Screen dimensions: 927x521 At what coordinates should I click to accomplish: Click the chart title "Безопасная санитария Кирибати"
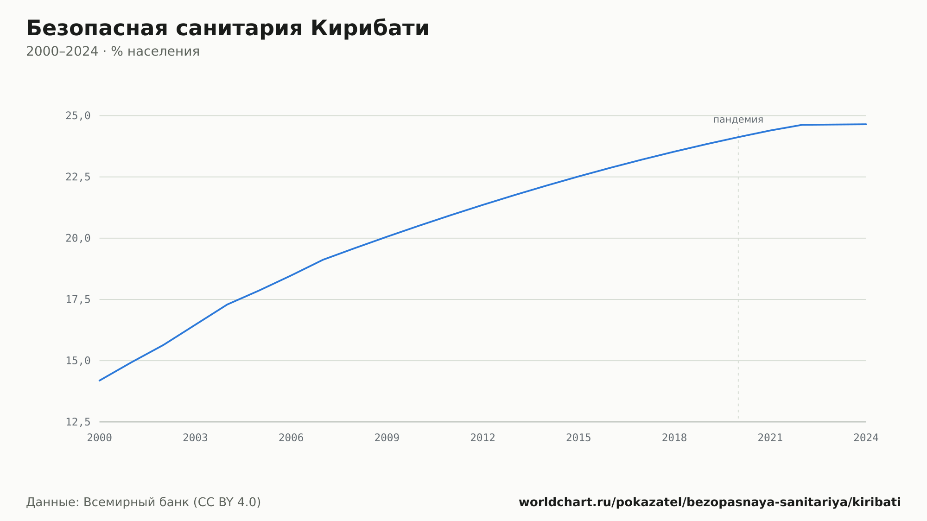(228, 28)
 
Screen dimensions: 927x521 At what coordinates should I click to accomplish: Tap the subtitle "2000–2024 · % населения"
(113, 51)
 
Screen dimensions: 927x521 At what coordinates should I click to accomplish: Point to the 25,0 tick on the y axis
(78, 116)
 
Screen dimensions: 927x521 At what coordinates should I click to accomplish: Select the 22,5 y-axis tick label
(78, 177)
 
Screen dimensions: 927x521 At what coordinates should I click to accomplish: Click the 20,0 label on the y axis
(78, 238)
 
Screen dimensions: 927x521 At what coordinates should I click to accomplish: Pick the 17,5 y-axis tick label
(78, 299)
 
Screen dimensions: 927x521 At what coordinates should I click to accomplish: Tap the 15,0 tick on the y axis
(78, 361)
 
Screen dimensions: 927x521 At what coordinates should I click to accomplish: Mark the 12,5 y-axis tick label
(78, 422)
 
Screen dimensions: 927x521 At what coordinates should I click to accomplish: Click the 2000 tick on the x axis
(100, 438)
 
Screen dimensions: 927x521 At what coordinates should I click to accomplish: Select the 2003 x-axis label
(195, 438)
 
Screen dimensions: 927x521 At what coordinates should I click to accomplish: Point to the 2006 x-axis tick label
(291, 438)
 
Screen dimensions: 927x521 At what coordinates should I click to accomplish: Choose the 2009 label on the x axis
(387, 438)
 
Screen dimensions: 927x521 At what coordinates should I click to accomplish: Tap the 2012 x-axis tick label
(483, 438)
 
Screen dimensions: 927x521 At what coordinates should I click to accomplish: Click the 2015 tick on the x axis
(578, 438)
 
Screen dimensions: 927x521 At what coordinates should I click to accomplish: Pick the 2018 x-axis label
(674, 438)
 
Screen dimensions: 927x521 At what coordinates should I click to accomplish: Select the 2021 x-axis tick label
(770, 438)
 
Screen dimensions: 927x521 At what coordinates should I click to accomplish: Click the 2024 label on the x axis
(866, 438)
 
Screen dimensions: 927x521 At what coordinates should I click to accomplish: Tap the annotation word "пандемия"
(738, 120)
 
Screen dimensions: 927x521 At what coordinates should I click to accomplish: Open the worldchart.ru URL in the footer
(710, 502)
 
